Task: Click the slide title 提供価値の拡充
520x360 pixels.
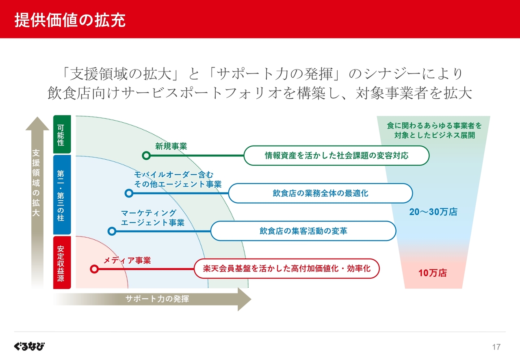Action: point(70,20)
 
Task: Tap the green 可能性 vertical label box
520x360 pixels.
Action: point(62,134)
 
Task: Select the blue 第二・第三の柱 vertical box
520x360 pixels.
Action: point(62,195)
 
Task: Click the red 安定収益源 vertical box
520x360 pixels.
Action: point(62,262)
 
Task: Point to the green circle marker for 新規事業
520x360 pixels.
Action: point(146,155)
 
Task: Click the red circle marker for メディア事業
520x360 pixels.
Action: point(94,269)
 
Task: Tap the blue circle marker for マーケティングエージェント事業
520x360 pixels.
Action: point(112,231)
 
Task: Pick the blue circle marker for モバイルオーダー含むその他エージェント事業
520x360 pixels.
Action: point(129,193)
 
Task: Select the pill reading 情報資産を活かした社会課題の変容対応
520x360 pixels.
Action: point(336,155)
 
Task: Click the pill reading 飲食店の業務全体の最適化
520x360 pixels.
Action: point(321,193)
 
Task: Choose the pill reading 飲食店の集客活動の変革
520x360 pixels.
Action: point(303,231)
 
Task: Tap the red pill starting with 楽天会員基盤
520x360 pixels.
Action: point(286,269)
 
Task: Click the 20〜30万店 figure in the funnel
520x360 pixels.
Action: point(433,212)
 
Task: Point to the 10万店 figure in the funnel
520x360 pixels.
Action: point(433,273)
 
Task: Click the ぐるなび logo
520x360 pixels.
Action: point(29,346)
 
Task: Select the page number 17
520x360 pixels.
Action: point(496,347)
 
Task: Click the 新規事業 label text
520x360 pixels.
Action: point(171,146)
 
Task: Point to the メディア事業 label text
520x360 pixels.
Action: point(127,260)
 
